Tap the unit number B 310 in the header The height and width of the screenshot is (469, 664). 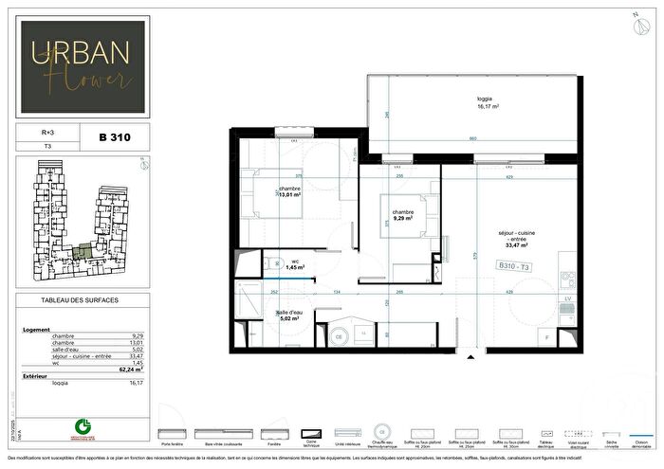tap(115, 137)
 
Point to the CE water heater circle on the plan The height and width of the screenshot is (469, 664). tap(340, 334)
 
